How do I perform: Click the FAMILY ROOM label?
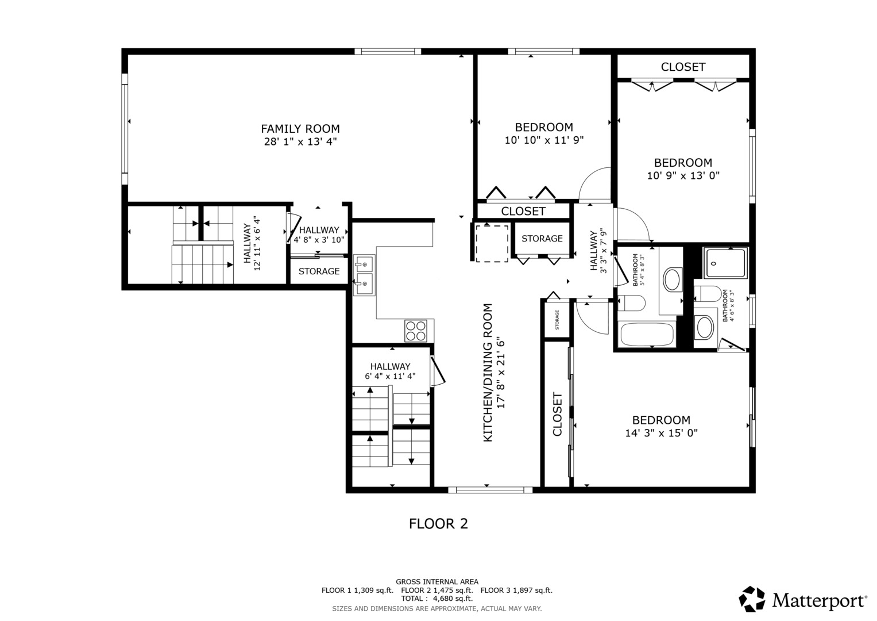(300, 129)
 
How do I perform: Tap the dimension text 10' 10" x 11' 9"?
(544, 140)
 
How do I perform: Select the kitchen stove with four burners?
(416, 331)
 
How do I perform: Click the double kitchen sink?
(364, 275)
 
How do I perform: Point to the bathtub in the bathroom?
(647, 334)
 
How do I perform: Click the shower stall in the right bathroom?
(725, 263)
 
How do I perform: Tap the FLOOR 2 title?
(438, 524)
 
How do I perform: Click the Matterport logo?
(802, 600)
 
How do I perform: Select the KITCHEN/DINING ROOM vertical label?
(488, 373)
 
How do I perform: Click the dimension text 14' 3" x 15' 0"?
(661, 433)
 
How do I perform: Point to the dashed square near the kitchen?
(492, 243)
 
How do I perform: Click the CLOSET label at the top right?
(683, 67)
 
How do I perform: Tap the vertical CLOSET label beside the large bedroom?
(557, 414)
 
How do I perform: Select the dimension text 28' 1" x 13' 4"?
(300, 141)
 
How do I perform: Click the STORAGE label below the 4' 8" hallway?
(319, 271)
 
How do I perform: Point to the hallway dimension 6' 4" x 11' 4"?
(390, 377)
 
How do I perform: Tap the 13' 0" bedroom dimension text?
(683, 175)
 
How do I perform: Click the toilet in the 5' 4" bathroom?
(630, 302)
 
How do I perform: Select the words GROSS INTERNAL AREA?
(436, 582)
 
